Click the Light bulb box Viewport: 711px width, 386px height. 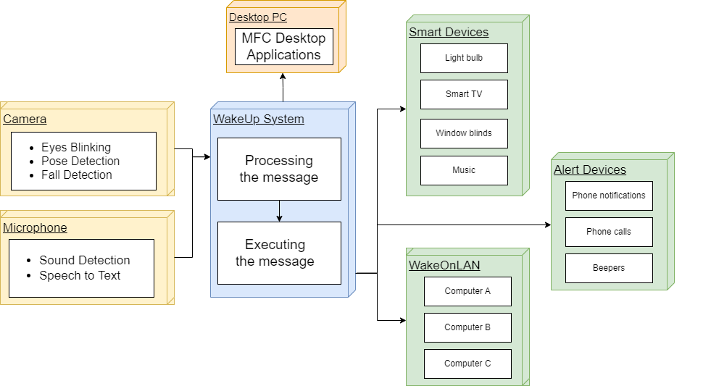[464, 58]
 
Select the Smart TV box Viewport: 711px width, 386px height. [464, 94]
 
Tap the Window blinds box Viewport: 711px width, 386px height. [464, 133]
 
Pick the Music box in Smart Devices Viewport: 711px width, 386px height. [464, 170]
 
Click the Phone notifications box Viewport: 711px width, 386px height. [609, 196]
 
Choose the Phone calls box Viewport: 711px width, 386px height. [609, 232]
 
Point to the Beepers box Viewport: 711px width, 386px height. [609, 268]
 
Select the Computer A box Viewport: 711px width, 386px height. [467, 291]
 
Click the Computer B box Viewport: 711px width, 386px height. [467, 327]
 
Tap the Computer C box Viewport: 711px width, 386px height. [467, 364]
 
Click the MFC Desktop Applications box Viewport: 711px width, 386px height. [283, 47]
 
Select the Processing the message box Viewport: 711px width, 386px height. [279, 169]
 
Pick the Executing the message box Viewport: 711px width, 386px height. [279, 253]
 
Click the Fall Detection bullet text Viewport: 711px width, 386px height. [77, 175]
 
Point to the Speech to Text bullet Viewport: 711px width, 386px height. [80, 275]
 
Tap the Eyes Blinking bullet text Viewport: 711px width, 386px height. [76, 147]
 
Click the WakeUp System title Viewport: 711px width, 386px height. [258, 119]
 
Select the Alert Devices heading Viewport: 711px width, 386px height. [590, 170]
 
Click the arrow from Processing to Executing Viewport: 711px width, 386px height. [279, 211]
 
